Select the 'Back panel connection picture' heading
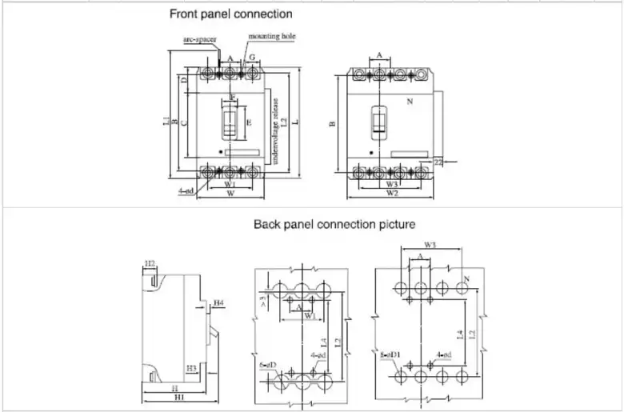[334, 224]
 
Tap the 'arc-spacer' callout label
[200, 38]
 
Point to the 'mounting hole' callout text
[272, 37]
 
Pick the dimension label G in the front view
[251, 58]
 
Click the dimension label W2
[392, 193]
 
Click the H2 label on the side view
[150, 263]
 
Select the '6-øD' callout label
[267, 365]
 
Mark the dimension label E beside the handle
[249, 122]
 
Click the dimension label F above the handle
[232, 97]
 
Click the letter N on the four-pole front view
[410, 102]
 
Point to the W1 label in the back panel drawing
[310, 314]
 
